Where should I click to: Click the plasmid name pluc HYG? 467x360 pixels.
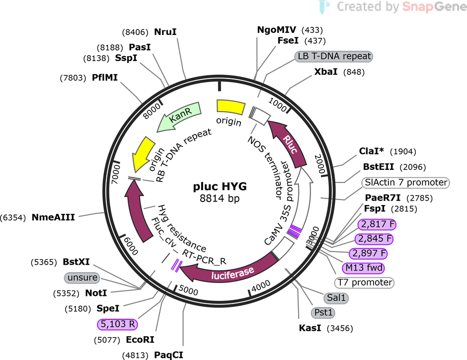220,186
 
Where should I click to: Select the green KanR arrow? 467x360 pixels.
179,116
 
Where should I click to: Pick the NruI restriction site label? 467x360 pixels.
165,32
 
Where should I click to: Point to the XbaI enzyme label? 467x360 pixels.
326,72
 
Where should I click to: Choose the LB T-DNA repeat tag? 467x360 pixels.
333,56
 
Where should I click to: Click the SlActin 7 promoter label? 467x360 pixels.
406,182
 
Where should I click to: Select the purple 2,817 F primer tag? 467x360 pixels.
377,224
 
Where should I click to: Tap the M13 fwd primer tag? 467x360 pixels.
363,268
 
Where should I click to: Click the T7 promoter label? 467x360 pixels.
364,282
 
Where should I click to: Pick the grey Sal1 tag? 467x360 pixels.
336,297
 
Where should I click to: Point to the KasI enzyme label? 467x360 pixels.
310,328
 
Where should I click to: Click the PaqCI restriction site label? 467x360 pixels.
168,355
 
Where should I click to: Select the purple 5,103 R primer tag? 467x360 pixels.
118,324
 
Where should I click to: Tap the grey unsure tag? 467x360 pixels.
82,278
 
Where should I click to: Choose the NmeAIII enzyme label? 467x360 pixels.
53,217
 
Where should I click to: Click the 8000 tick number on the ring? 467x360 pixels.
152,112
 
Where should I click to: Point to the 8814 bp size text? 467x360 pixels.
220,198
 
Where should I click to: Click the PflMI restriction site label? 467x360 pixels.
105,78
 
